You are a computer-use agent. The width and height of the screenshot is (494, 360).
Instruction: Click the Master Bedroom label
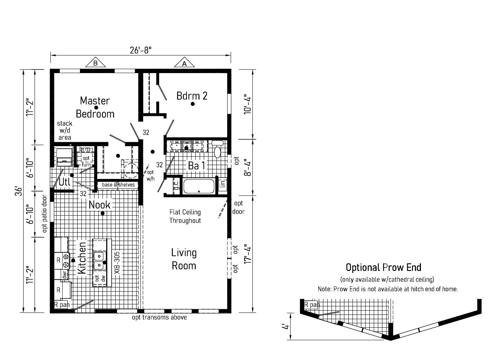pyautogui.click(x=95, y=107)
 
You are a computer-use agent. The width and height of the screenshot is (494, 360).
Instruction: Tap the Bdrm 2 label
pyautogui.click(x=192, y=96)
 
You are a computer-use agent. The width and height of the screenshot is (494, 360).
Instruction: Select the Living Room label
pyautogui.click(x=184, y=259)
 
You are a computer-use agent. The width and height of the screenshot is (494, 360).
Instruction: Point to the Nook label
pyautogui.click(x=99, y=205)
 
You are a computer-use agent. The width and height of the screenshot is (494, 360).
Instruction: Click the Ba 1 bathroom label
pyautogui.click(x=197, y=166)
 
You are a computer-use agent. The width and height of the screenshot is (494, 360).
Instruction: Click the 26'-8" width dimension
pyautogui.click(x=140, y=50)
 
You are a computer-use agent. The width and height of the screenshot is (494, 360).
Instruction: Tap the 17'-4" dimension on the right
pyautogui.click(x=248, y=254)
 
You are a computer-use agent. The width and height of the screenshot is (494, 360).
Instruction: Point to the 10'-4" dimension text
pyautogui.click(x=248, y=104)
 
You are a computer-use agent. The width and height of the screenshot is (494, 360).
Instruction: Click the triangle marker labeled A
pyautogui.click(x=184, y=63)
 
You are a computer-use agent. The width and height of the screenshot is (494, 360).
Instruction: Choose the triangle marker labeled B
pyautogui.click(x=95, y=63)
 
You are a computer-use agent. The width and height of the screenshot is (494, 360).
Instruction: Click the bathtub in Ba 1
pyautogui.click(x=199, y=186)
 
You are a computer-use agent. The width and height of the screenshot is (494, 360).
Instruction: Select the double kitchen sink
pyautogui.click(x=98, y=261)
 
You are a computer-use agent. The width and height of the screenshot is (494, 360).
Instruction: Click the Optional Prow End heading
pyautogui.click(x=383, y=267)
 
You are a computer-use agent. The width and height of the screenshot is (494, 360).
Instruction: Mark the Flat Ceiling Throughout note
pyautogui.click(x=185, y=216)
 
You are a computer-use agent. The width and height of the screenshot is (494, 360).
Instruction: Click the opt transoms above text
pyautogui.click(x=159, y=318)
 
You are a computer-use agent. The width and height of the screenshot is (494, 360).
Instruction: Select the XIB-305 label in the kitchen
pyautogui.click(x=117, y=263)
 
